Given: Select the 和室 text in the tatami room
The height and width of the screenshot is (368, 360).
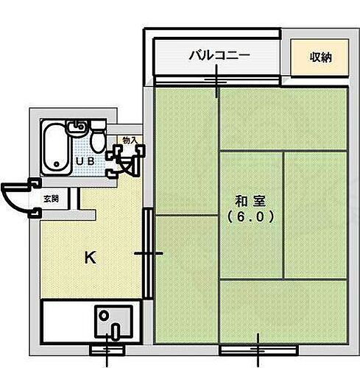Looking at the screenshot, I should (x=250, y=201).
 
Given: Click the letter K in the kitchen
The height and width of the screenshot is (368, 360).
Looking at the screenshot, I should (x=89, y=257).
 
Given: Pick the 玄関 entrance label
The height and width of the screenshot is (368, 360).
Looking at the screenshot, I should (x=51, y=199).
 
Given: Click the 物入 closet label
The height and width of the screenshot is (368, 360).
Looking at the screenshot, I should (x=128, y=139).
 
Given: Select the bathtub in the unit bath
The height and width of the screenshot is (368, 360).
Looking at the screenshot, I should (x=52, y=148).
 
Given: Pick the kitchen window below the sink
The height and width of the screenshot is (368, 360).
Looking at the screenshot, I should (x=110, y=347).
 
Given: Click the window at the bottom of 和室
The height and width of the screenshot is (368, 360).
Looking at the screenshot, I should (x=258, y=347).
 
